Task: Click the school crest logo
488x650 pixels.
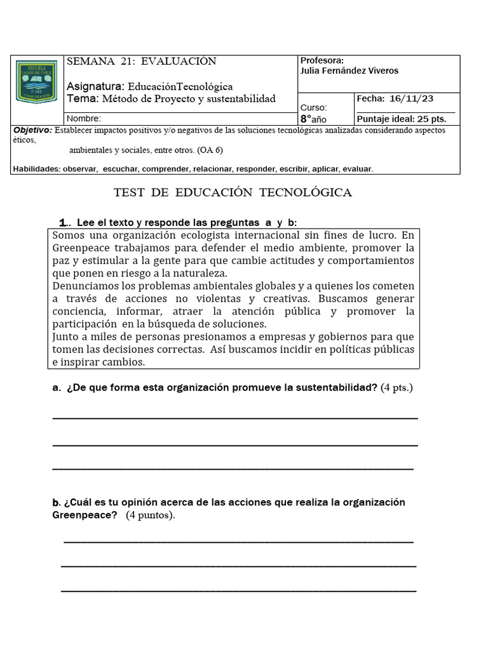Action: [x=37, y=83]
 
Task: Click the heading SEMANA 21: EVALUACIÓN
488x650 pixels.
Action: [x=141, y=62]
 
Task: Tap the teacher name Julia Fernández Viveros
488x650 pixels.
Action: [x=349, y=71]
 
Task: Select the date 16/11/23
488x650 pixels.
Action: [x=412, y=98]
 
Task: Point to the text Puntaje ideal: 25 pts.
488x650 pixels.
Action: [x=402, y=119]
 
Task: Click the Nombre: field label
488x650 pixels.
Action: [x=83, y=119]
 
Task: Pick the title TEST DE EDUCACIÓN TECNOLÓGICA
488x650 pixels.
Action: [x=233, y=192]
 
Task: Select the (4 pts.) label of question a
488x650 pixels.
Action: [x=396, y=388]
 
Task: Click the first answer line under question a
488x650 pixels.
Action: [x=235, y=417]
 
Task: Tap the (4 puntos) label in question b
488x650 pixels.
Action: [x=150, y=515]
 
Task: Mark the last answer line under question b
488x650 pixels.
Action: [x=238, y=590]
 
